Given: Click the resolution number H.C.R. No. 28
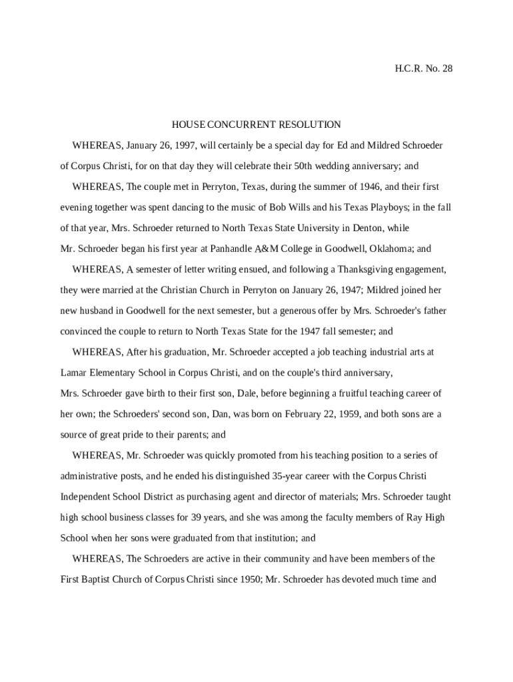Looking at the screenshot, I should [424, 69].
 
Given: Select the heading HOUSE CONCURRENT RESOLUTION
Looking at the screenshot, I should [256, 125].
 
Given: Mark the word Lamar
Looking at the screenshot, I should [74, 372].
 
